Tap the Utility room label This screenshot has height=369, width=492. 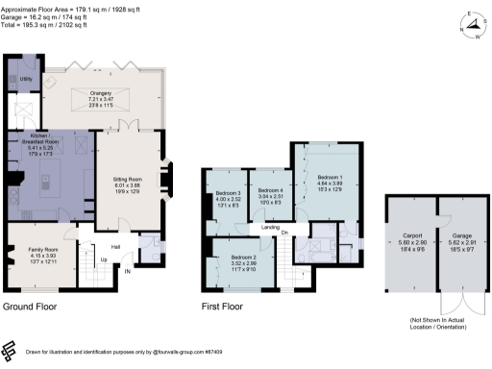click(x=26, y=78)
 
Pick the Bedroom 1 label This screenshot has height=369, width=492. click(x=330, y=179)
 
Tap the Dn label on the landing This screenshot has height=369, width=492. click(x=285, y=231)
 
